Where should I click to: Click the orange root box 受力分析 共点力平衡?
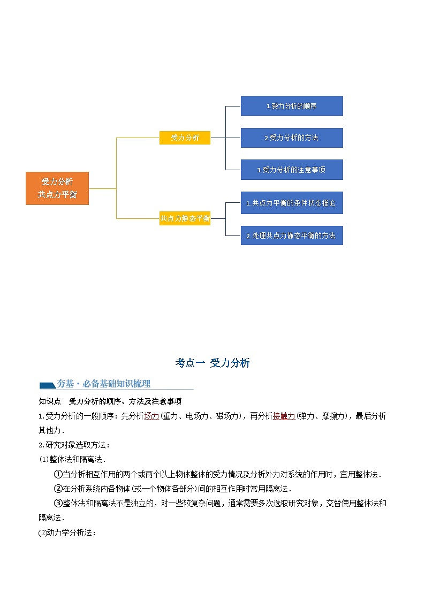point(57,188)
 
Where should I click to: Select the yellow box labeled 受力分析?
point(185,138)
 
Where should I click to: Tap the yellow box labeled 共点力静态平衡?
point(185,218)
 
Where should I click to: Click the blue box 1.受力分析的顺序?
point(291,106)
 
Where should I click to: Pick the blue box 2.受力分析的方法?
point(291,138)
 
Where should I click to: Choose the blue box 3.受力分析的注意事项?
point(291,170)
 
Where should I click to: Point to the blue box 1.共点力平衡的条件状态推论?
point(291,203)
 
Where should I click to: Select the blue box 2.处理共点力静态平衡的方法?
point(291,235)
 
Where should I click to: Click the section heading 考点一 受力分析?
point(212,363)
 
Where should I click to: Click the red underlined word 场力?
point(151,416)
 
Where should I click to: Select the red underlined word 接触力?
point(284,416)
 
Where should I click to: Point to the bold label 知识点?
point(49,401)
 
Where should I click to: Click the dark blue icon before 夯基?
point(47,384)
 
